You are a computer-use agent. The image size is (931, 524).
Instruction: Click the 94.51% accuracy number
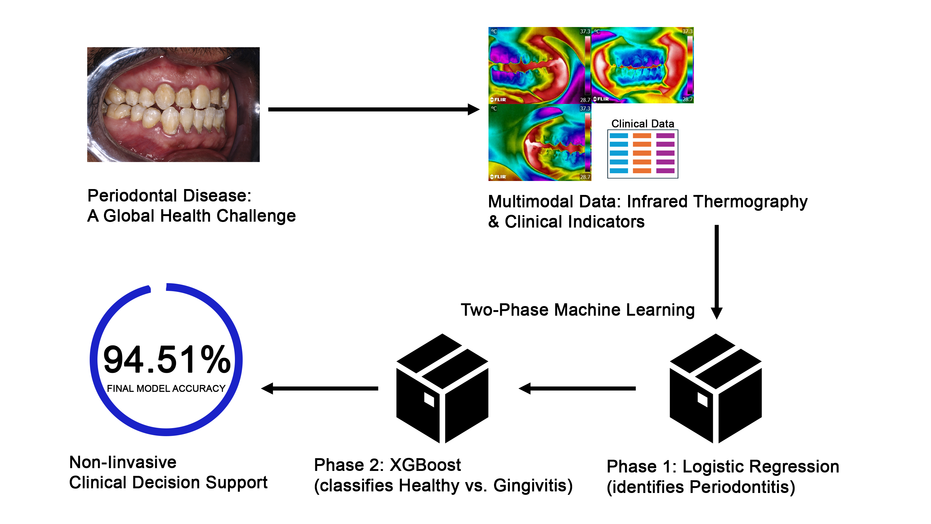167,359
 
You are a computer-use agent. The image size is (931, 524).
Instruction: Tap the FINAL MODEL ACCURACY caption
166,388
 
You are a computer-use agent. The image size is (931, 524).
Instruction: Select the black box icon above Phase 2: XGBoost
442,388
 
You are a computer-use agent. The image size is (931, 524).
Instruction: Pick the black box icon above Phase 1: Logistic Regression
716,388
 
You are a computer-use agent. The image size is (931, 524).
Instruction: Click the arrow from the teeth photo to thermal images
374,109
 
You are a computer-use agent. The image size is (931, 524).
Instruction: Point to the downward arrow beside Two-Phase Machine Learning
717,272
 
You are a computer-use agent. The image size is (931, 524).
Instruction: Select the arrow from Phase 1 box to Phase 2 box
577,388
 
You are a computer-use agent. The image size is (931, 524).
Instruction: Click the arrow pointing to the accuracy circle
320,388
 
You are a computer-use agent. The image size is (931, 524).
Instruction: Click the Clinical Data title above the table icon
643,124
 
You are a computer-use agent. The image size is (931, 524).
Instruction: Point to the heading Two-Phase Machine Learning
578,310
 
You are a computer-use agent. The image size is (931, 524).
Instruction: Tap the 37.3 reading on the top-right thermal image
687,31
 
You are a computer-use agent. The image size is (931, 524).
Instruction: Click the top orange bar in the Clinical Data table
642,136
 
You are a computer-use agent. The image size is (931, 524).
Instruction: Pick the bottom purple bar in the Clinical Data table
665,171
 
